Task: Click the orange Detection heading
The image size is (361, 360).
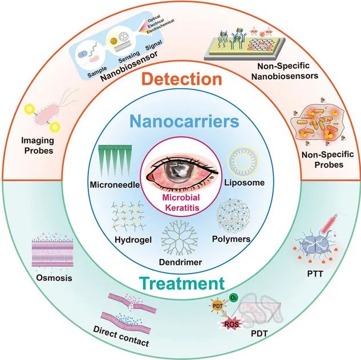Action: pyautogui.click(x=182, y=79)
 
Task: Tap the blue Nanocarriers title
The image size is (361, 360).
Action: pyautogui.click(x=184, y=121)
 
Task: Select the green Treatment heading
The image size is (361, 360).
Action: pyautogui.click(x=182, y=283)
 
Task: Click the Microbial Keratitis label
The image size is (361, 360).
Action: pyautogui.click(x=181, y=203)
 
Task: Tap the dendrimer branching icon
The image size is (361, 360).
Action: pyautogui.click(x=180, y=238)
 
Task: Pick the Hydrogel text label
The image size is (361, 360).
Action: pyautogui.click(x=133, y=240)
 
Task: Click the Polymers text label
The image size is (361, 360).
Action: pyautogui.click(x=231, y=239)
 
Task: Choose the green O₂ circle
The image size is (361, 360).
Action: pyautogui.click(x=233, y=298)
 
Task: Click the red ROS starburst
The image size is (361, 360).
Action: pyautogui.click(x=232, y=324)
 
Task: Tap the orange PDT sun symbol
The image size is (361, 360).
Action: pyautogui.click(x=218, y=306)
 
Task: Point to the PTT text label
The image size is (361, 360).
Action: pyautogui.click(x=315, y=274)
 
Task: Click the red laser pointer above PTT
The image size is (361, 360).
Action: pyautogui.click(x=328, y=223)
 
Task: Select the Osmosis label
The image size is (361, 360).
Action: pyautogui.click(x=54, y=278)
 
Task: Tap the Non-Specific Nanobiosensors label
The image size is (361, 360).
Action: pyautogui.click(x=285, y=71)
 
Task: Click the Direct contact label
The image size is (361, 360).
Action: pyautogui.click(x=121, y=336)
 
